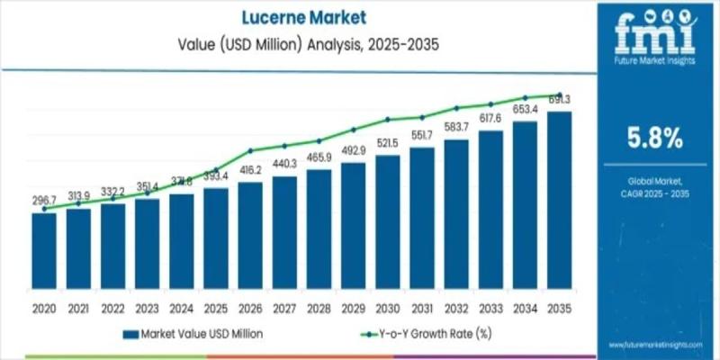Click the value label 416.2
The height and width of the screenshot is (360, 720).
(250, 169)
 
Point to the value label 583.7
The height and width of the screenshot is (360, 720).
(456, 127)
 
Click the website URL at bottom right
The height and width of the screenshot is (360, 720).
(657, 345)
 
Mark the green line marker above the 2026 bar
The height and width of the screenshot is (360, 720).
(250, 150)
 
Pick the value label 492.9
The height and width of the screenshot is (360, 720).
(353, 149)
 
